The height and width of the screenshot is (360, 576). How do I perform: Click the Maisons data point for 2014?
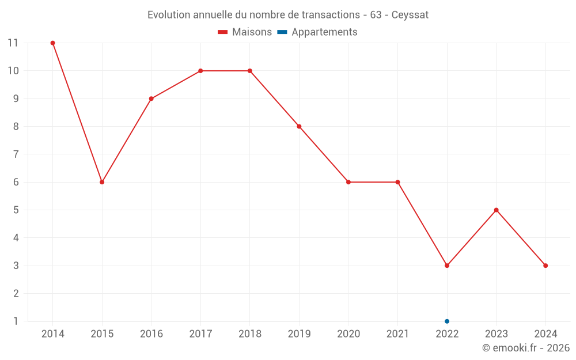(x=52, y=43)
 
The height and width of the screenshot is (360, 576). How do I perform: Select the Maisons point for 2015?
(x=102, y=182)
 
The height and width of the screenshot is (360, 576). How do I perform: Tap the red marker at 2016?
(x=151, y=98)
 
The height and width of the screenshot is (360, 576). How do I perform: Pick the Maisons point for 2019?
(x=299, y=127)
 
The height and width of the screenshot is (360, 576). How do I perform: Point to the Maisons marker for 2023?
(x=496, y=210)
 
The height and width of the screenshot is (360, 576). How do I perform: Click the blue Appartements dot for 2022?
(x=447, y=321)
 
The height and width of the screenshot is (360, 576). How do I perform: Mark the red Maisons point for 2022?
(x=447, y=266)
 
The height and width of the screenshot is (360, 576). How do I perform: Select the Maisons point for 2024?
(x=545, y=266)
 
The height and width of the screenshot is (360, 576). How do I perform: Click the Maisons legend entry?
(x=245, y=32)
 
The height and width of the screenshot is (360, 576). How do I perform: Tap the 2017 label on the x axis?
(x=200, y=334)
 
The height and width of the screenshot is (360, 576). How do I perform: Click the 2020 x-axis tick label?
(x=348, y=334)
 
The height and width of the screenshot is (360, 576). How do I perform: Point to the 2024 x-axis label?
(x=545, y=334)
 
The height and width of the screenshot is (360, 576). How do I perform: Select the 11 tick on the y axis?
(x=13, y=43)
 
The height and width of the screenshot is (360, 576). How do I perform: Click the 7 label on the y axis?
(x=16, y=154)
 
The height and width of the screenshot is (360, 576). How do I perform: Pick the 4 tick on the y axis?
(x=16, y=238)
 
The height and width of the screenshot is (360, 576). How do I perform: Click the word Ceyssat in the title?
(x=410, y=15)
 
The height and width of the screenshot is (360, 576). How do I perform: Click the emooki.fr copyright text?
(x=526, y=348)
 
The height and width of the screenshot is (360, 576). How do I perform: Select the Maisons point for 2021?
(x=397, y=182)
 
